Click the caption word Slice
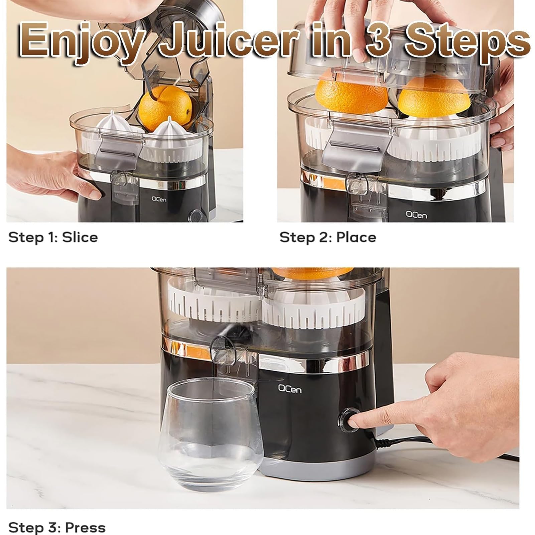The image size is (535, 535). click(x=80, y=237)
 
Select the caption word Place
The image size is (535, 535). click(x=356, y=237)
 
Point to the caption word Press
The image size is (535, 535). click(x=85, y=528)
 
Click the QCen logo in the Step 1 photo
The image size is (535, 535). click(x=159, y=199)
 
